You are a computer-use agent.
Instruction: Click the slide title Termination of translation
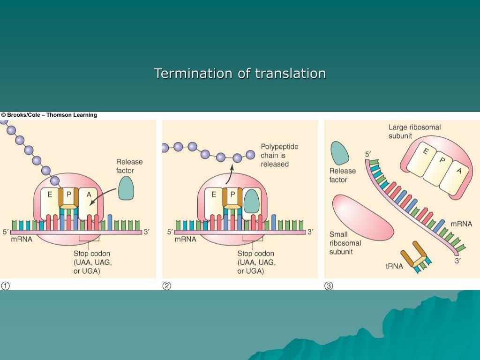pyautogui.click(x=240, y=74)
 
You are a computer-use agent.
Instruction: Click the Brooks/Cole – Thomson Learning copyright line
pyautogui.click(x=49, y=115)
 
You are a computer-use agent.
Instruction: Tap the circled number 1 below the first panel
pyautogui.click(x=5, y=286)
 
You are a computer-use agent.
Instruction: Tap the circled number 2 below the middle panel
pyautogui.click(x=166, y=286)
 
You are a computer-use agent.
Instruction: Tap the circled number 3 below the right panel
pyautogui.click(x=329, y=286)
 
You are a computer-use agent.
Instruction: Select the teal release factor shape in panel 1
pyautogui.click(x=126, y=188)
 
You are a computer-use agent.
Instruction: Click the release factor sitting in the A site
pyautogui.click(x=252, y=201)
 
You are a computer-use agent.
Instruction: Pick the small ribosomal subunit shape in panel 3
pyautogui.click(x=361, y=217)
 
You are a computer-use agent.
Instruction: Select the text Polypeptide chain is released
pyautogui.click(x=280, y=155)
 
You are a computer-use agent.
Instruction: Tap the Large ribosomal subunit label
pyautogui.click(x=414, y=131)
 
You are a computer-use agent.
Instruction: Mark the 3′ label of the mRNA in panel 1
pyautogui.click(x=147, y=232)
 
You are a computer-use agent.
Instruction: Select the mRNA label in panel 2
pyautogui.click(x=185, y=239)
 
